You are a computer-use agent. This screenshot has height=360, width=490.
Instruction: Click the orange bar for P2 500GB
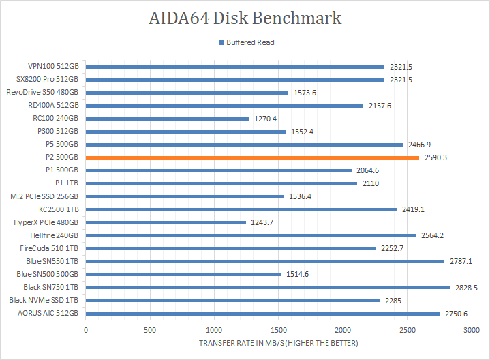[252, 157]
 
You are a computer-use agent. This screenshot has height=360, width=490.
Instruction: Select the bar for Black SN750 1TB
[268, 287]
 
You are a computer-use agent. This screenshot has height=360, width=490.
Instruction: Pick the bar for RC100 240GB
[168, 119]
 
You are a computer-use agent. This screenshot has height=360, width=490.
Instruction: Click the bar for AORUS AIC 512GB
[262, 313]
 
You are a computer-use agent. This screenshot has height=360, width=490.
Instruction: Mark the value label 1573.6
[304, 93]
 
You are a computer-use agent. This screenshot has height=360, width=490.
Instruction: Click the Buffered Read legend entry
[246, 42]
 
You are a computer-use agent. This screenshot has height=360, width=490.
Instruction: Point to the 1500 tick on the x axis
[279, 329]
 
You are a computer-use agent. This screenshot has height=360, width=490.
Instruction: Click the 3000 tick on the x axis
[472, 329]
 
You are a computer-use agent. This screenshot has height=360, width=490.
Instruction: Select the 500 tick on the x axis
[150, 329]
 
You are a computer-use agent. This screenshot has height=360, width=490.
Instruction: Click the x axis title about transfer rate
[278, 342]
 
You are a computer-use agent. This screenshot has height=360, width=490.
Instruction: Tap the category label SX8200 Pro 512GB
[52, 80]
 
